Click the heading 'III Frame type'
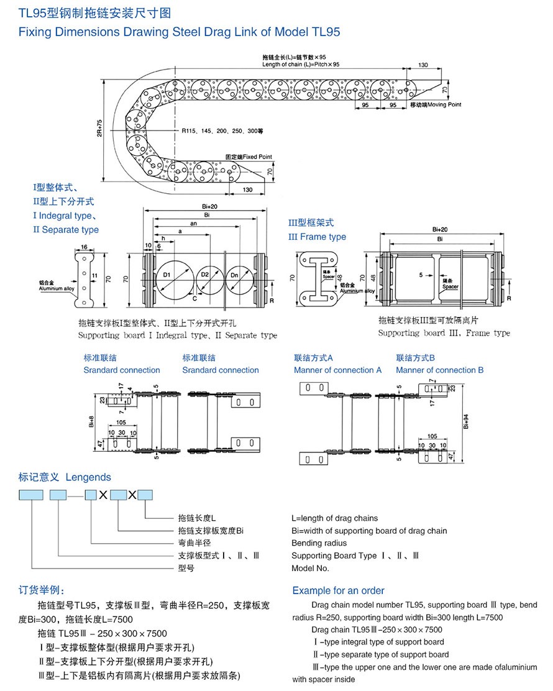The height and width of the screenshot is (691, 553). point(317,237)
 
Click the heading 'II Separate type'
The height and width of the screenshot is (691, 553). point(66,230)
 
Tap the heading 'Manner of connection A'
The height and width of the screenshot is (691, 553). point(337,370)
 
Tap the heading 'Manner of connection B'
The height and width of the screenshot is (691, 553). point(439,370)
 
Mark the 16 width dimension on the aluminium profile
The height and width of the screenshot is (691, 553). point(84,247)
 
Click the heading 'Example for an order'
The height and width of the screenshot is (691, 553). point(338,591)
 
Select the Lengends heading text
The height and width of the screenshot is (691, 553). point(88,477)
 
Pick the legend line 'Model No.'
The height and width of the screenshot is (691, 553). point(310,568)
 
